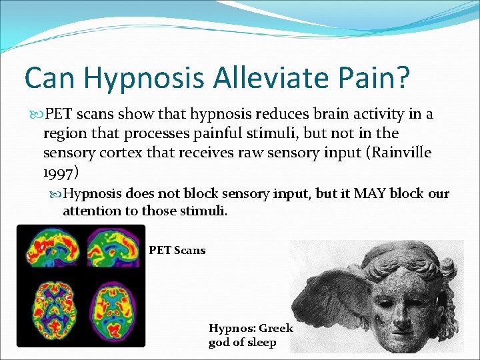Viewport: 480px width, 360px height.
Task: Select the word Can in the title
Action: point(51,78)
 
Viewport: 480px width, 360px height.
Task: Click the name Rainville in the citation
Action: point(399,153)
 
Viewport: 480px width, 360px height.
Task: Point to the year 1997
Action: point(58,172)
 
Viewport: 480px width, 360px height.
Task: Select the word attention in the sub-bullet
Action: point(92,212)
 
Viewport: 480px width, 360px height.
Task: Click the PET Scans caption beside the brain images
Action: point(177,251)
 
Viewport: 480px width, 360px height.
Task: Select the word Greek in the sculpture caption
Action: point(276,329)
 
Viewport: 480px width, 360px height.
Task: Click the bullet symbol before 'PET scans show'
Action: point(35,115)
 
